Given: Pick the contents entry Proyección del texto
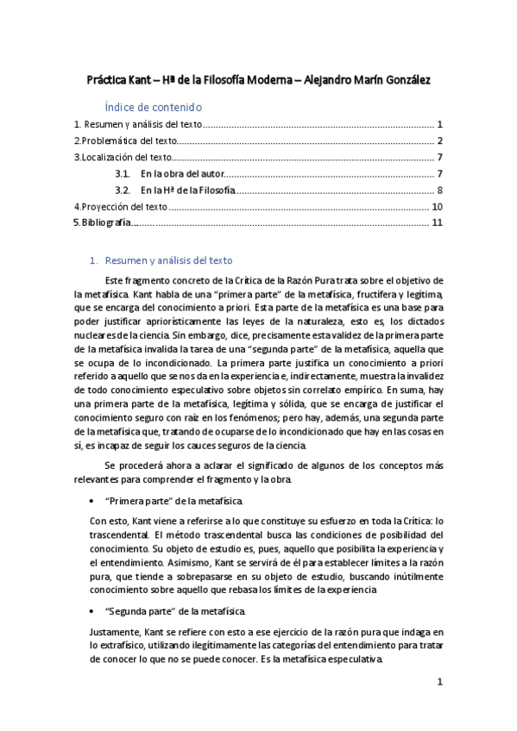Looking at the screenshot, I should click(124, 207).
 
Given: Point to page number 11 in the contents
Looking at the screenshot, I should click(437, 223).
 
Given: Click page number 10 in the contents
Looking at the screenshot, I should click(437, 207).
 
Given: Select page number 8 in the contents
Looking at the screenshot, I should click(440, 190).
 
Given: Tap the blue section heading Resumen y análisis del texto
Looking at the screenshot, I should click(168, 260).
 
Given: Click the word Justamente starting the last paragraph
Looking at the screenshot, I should click(117, 632).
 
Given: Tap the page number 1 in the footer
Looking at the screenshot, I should click(440, 681).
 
